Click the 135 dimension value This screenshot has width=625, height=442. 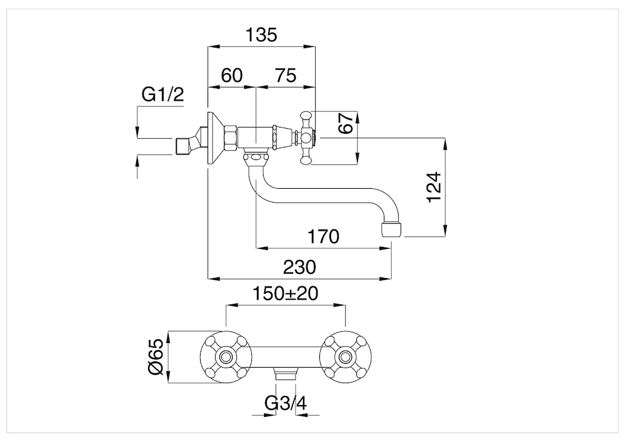(x=261, y=35)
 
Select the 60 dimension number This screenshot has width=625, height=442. (x=231, y=76)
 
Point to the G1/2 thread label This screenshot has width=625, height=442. (x=163, y=95)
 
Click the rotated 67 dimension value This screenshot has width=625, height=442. (x=346, y=123)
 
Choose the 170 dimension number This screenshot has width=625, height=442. (x=323, y=237)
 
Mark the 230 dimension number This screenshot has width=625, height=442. (x=300, y=267)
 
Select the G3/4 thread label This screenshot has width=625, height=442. (x=285, y=403)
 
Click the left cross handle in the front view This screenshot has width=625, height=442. (x=226, y=356)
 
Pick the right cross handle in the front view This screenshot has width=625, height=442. (x=345, y=356)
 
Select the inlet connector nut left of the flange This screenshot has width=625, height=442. (x=185, y=144)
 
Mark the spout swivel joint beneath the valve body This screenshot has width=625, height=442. (x=254, y=158)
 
